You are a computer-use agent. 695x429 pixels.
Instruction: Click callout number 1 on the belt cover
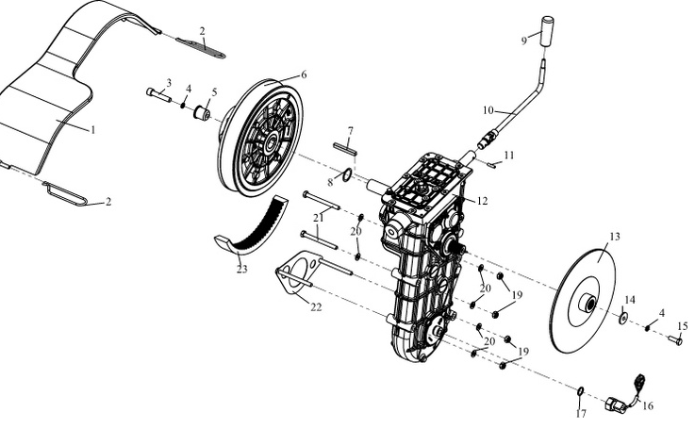(x=93, y=129)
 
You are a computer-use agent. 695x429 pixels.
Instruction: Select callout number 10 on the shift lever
(x=488, y=110)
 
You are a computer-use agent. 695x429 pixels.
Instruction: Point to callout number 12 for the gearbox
(x=483, y=200)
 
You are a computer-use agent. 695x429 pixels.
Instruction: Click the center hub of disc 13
(x=587, y=304)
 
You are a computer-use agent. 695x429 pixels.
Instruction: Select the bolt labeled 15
(x=675, y=340)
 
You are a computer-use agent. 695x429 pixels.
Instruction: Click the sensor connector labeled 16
(x=621, y=404)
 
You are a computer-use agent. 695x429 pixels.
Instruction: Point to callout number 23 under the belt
(x=242, y=269)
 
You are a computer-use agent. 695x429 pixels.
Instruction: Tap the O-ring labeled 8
(x=347, y=173)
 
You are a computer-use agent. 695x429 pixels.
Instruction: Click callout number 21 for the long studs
(x=320, y=219)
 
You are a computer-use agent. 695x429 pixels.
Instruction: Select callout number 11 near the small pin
(x=509, y=155)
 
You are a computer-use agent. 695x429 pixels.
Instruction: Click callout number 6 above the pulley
(x=304, y=74)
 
